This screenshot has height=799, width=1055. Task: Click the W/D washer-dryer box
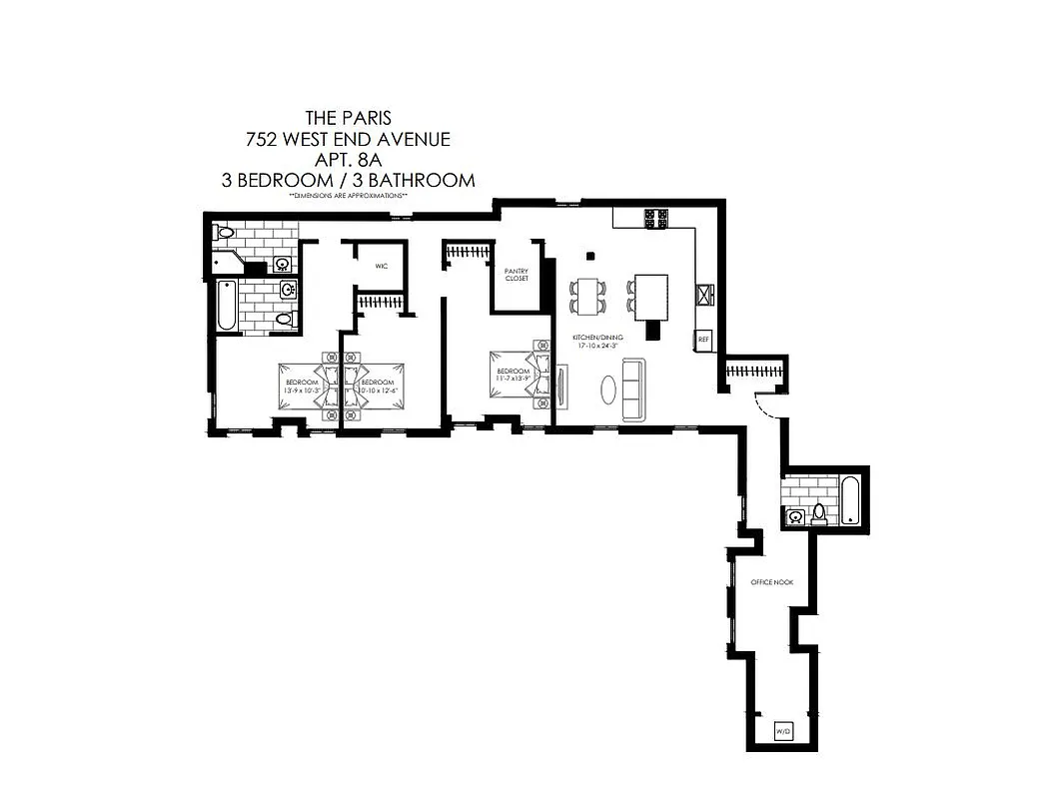[782, 734]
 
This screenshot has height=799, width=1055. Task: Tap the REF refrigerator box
[703, 340]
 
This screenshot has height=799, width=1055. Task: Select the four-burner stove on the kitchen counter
[655, 219]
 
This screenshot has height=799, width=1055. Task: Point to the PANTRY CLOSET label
[517, 275]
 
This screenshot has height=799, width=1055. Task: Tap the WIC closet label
[381, 267]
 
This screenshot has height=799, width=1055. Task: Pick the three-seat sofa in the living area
[633, 389]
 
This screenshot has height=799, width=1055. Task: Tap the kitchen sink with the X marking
[705, 294]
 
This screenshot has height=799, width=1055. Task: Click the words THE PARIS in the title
[348, 119]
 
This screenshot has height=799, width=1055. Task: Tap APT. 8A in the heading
[348, 160]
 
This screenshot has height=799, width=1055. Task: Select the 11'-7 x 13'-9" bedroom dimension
[513, 377]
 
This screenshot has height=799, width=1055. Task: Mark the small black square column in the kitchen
[590, 255]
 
